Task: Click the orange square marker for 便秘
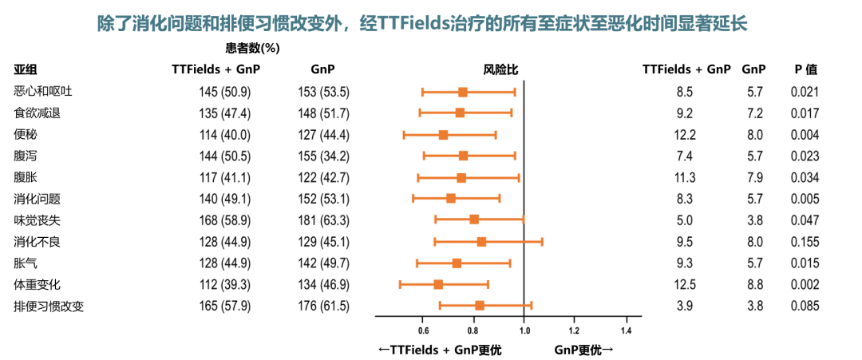(x=444, y=134)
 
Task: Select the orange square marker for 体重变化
(x=438, y=284)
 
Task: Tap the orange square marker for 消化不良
(x=481, y=241)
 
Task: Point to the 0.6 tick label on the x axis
(x=423, y=329)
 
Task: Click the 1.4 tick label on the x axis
(x=626, y=329)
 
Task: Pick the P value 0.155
(x=805, y=241)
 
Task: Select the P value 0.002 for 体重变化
(x=805, y=284)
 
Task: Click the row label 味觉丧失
(x=38, y=220)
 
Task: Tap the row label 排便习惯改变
(x=49, y=306)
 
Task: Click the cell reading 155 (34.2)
(x=323, y=156)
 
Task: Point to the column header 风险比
(x=501, y=69)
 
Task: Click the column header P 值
(x=805, y=69)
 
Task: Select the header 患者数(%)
(x=252, y=48)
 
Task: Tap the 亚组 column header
(x=26, y=69)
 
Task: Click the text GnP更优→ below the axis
(x=583, y=349)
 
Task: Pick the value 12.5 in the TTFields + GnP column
(x=685, y=284)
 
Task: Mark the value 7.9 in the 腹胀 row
(x=755, y=177)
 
